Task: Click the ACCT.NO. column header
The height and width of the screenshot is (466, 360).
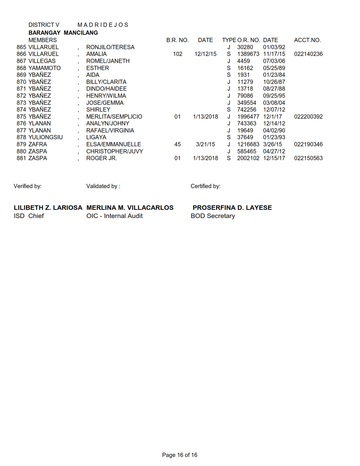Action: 307,40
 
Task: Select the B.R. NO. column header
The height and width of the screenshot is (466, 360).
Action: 177,40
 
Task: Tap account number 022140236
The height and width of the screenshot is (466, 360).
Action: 308,54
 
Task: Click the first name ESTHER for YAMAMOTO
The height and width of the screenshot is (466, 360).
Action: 97,68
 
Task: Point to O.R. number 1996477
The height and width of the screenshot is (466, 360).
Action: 248,117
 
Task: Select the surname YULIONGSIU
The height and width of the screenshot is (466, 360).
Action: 45,137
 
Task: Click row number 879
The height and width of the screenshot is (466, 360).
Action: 21,144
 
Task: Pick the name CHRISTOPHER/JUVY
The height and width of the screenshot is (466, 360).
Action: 114,151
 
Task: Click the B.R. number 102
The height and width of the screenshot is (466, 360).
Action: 177,54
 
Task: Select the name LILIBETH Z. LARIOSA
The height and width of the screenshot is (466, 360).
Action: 48,208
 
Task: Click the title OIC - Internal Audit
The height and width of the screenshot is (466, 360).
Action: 114,216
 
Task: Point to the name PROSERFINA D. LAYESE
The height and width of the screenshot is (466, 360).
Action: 232,208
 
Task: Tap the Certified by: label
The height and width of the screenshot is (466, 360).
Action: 205,186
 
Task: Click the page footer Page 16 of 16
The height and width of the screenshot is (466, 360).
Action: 180,455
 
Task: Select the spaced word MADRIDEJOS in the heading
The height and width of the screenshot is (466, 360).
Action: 103,25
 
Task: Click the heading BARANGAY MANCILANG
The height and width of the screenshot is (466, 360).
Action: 63,33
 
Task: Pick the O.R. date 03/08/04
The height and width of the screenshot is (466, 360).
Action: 274,103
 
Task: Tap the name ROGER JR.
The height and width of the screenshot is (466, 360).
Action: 101,158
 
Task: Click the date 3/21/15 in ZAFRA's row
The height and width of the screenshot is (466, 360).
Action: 205,144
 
